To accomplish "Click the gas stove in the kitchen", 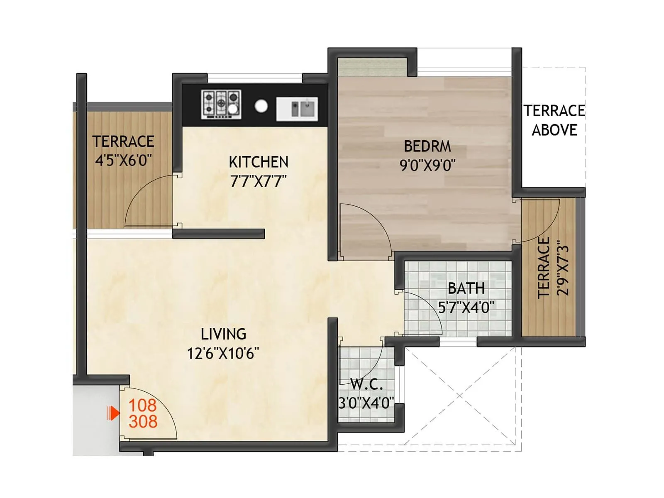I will point(221,104).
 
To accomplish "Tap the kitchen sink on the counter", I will point(297,109).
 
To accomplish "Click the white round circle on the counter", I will point(261,106).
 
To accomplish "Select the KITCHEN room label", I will point(258,162).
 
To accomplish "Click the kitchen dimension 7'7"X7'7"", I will point(258,181).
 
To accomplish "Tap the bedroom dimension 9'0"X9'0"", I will point(427,166).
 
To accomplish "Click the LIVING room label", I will point(223,334).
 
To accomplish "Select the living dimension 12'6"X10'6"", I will point(223,354).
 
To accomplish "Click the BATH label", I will point(466,288).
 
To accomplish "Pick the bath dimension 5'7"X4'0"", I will point(466,308).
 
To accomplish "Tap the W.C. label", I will point(366,384).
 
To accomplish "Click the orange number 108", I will point(142,405).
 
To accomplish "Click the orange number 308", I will point(143,422).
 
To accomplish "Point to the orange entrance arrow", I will point(113,413).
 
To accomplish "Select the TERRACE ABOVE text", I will point(554,120).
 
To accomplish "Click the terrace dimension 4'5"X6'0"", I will point(123,160).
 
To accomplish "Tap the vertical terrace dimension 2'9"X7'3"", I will point(563,268).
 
